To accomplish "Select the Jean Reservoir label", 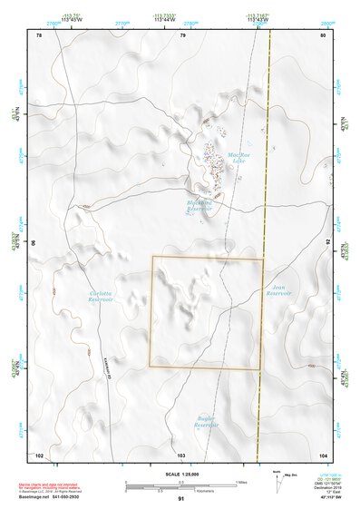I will point(278,289).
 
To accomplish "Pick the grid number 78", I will point(38,35).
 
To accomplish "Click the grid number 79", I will point(182,35).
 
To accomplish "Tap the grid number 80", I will point(324,35).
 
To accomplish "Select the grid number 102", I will point(39,454).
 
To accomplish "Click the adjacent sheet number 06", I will point(35,243).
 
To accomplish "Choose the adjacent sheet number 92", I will point(327,243).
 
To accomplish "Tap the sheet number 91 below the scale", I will point(181,499).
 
